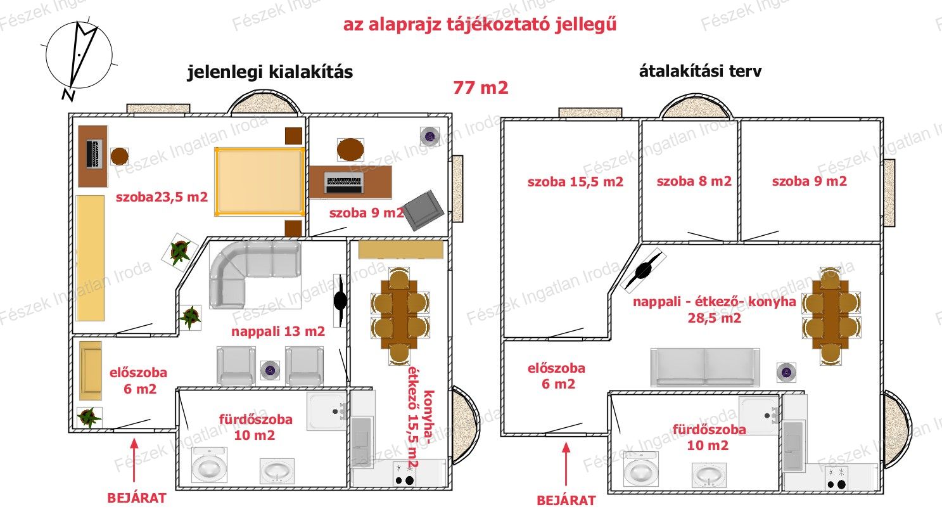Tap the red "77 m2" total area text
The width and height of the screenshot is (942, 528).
481,88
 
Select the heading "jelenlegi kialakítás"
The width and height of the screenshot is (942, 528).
270,72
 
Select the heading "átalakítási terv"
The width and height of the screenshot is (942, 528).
700,71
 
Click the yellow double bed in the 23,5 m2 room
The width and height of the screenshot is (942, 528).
260,182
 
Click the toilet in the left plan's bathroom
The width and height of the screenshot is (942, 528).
209,465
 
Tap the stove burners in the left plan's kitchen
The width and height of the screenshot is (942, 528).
404,475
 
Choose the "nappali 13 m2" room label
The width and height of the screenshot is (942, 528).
278,332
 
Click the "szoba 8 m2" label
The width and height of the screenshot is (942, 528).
694,181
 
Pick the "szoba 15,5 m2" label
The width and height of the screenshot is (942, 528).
575,182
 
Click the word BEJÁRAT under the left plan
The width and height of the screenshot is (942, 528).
137,498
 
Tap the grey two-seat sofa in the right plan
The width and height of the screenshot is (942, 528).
705,367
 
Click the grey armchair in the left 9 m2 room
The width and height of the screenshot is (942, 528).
423,210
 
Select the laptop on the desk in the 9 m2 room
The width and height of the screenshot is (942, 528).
343,183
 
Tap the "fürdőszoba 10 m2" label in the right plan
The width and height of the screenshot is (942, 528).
709,437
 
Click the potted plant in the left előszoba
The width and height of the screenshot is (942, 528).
89,417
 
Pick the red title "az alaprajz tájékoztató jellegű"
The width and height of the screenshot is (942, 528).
480,24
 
